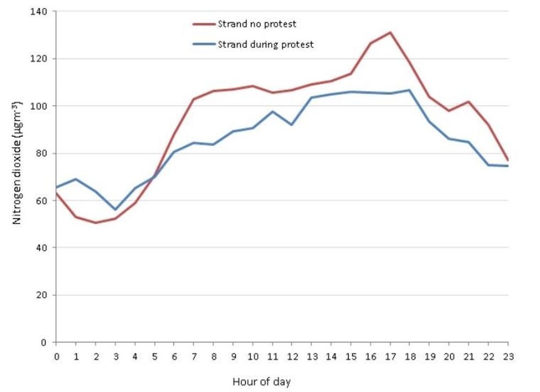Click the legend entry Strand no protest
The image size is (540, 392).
point(257,24)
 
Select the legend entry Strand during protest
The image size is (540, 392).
point(266,45)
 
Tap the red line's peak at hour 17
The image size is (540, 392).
point(390,33)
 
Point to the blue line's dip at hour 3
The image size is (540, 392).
point(115,210)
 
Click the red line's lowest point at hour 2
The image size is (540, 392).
point(95,223)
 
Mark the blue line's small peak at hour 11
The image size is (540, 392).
point(272,111)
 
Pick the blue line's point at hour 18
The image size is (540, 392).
point(409,90)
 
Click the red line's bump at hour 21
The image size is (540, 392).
point(468,101)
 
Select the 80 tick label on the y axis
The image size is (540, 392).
point(42,153)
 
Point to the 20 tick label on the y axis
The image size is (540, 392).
point(42,295)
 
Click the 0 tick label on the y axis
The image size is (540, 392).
point(44,342)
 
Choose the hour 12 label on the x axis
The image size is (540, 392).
point(291,357)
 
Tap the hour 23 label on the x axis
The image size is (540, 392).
point(508,357)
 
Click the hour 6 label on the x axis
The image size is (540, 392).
point(174,357)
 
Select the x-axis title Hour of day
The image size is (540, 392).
point(261,382)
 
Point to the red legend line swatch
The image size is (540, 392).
point(203,24)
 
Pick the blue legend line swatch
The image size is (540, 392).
point(203,45)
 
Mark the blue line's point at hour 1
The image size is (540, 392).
point(75,179)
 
